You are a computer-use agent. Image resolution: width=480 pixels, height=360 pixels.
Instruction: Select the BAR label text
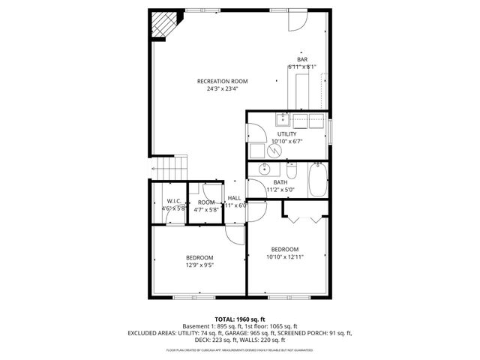pyautogui.click(x=302, y=59)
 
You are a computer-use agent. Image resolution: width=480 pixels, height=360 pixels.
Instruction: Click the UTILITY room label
pyautogui.click(x=286, y=133)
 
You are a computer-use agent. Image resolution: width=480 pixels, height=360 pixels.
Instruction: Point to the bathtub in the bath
pyautogui.click(x=317, y=179)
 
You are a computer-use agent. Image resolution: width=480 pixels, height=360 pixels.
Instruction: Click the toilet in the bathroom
pyautogui.click(x=293, y=169)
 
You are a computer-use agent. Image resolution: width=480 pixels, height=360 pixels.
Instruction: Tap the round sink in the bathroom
pyautogui.click(x=263, y=169)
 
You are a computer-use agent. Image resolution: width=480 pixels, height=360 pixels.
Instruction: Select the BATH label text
pyautogui.click(x=280, y=182)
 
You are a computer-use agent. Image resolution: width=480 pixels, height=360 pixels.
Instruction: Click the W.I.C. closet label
pyautogui.click(x=174, y=201)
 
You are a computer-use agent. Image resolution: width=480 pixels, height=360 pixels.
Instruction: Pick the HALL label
pyautogui.click(x=235, y=198)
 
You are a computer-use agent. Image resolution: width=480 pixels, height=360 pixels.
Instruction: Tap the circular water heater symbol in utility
pyautogui.click(x=274, y=149)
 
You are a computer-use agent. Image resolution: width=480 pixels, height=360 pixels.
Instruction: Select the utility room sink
pyautogui.click(x=283, y=118)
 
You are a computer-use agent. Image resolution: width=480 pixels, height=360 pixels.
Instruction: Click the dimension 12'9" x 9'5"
pyautogui.click(x=199, y=265)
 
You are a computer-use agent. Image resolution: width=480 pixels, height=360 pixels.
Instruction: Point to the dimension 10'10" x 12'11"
pyautogui.click(x=285, y=257)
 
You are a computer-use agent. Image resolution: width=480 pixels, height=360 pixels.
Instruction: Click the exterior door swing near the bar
pyautogui.click(x=295, y=20)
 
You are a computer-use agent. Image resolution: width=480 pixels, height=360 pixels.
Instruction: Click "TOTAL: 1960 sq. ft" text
pyautogui.click(x=240, y=319)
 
